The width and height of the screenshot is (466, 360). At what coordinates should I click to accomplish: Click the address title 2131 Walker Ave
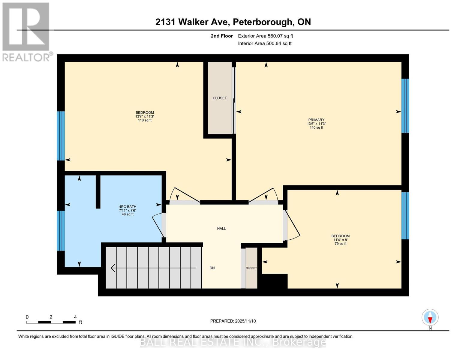tap(233, 22)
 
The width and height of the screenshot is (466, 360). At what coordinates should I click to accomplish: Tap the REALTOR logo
tap(26, 31)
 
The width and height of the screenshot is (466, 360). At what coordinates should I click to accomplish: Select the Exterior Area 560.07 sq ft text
tap(265, 36)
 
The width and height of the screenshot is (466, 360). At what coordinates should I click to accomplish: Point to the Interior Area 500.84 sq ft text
tap(265, 43)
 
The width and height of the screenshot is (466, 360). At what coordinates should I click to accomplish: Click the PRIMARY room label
tap(316, 120)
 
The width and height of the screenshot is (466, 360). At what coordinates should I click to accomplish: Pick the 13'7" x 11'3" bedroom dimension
tap(145, 116)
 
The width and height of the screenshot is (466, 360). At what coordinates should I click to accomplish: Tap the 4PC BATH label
tap(128, 207)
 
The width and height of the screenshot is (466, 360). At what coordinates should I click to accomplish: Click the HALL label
tap(221, 229)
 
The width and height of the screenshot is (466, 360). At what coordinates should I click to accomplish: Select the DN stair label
tap(212, 268)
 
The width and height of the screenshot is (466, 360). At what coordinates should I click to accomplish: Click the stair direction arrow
tap(153, 268)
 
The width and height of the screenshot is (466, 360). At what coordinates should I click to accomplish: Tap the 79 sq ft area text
tap(340, 244)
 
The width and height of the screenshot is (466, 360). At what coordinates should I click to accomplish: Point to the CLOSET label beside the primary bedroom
tap(220, 98)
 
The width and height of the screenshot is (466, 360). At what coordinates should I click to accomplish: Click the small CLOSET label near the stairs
tap(251, 268)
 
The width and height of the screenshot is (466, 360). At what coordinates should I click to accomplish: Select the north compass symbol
tap(430, 317)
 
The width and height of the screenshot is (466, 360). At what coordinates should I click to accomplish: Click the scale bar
tap(51, 322)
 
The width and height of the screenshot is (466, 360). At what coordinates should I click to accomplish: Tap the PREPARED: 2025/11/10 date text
tap(233, 321)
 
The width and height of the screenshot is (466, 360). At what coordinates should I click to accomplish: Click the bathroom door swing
tap(158, 225)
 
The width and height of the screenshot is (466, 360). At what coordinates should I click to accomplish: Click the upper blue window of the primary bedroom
tap(405, 106)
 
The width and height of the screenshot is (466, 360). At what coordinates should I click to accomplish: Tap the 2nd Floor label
tap(222, 36)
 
